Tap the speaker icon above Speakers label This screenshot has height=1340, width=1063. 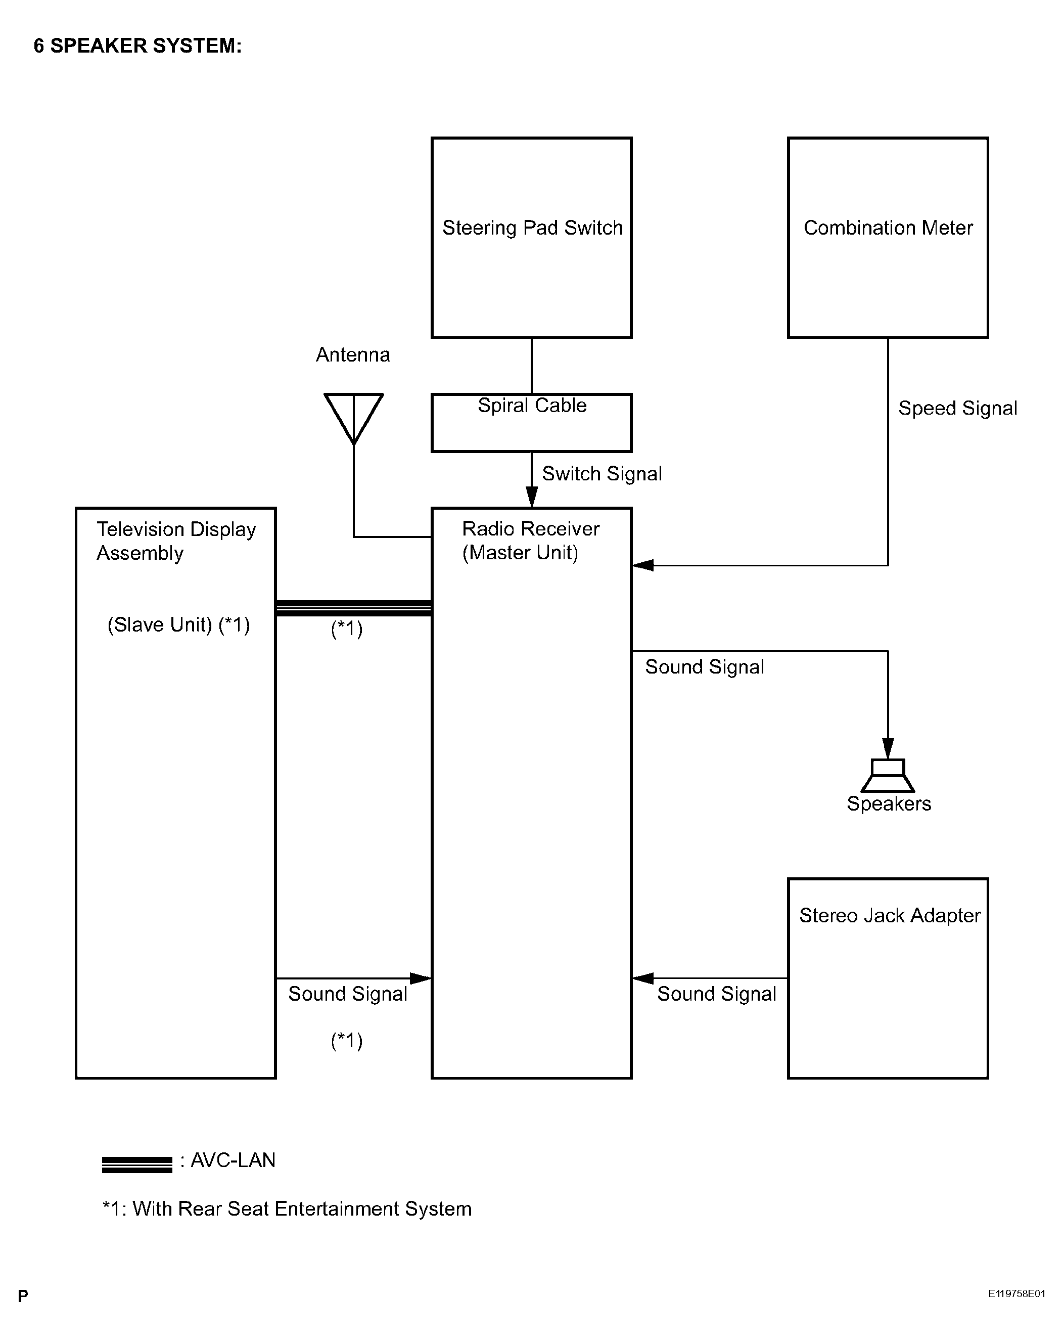pos(887,775)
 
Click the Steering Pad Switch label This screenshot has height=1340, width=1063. pos(532,228)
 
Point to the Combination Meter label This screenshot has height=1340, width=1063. pos(888,228)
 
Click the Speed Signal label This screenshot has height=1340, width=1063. pos(957,409)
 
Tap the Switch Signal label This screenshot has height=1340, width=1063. pos(602,474)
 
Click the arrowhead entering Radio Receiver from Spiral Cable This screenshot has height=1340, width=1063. pos(532,497)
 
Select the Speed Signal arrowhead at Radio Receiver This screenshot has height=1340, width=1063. pos(643,565)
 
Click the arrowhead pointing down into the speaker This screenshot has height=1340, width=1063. pos(888,748)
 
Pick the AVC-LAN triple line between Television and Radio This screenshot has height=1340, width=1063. pos(353,608)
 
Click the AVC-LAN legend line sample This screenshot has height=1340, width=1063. pos(136,1164)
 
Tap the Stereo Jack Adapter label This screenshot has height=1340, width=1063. pos(890,916)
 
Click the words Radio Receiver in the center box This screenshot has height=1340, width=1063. pos(531,529)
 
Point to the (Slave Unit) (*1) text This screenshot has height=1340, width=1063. pos(179,624)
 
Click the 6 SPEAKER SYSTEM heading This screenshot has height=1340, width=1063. pos(137,46)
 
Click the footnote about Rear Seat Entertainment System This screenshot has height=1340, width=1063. pos(287,1209)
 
